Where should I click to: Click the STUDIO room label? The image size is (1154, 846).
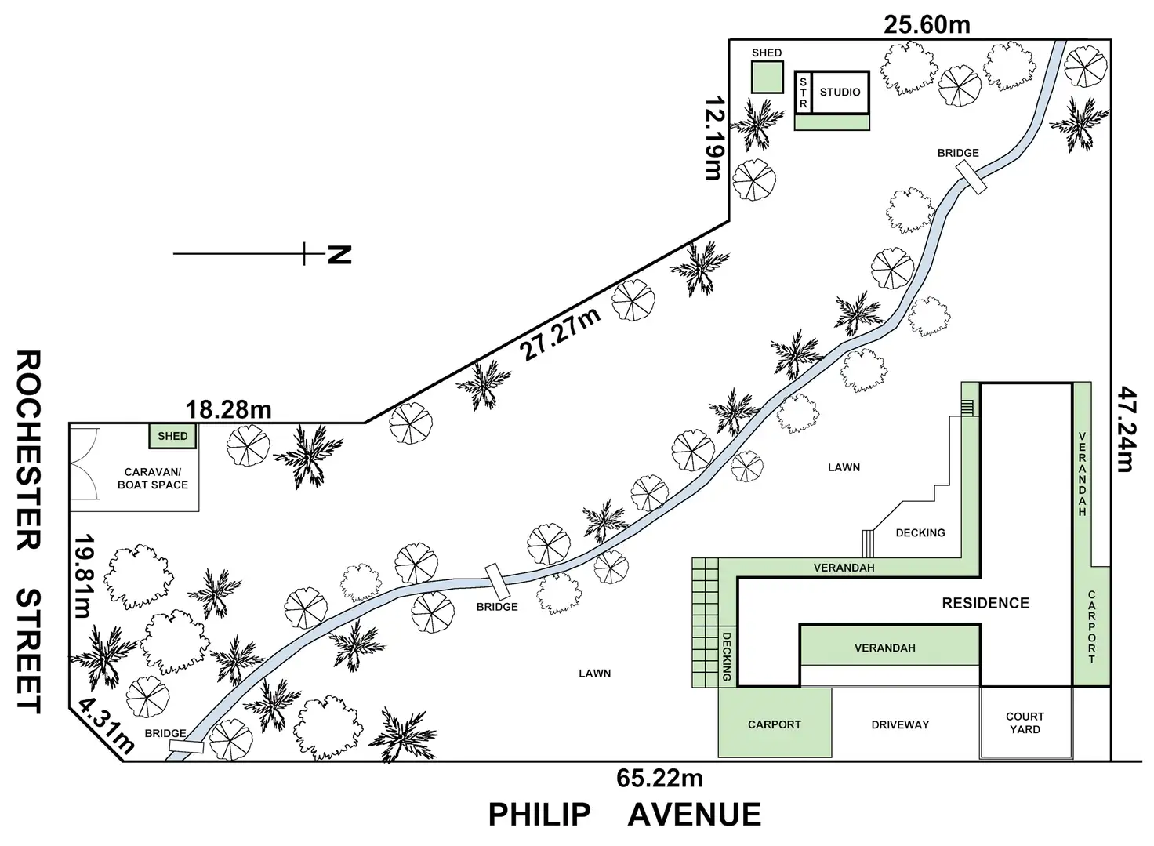coord(840,92)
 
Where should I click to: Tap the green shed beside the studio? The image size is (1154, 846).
coord(767,77)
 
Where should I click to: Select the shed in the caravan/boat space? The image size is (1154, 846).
coord(172,436)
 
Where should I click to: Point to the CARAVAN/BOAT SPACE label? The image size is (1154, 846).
coord(152,478)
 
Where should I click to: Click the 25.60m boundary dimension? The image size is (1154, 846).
coord(927,24)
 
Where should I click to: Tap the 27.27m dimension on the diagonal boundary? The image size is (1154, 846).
coord(561,334)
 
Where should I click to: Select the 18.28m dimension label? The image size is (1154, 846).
coord(228,409)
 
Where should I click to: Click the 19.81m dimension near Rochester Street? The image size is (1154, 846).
coord(83,576)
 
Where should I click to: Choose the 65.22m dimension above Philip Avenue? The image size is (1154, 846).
coord(659,779)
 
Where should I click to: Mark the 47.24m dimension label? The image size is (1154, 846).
coord(1126,428)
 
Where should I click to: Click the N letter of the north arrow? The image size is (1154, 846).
coord(339,254)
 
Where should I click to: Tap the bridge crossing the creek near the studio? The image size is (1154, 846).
coord(974,179)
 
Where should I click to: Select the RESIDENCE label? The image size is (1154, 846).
coord(985,603)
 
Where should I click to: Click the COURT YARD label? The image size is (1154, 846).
coord(1025,722)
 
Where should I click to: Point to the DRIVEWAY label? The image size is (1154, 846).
coord(899,724)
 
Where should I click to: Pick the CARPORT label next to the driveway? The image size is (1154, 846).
coord(774,724)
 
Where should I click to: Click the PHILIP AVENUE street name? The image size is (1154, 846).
coord(624,815)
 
